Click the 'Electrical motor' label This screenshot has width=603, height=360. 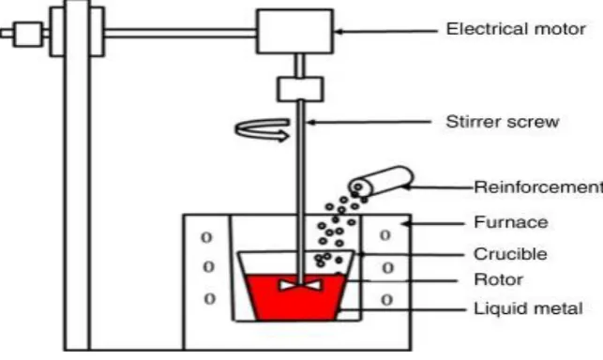516,29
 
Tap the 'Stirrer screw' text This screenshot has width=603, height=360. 503,122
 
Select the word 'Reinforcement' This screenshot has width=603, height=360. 538,187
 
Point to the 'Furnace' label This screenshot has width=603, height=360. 511,222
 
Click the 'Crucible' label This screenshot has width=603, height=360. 510,254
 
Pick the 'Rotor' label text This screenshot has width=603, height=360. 498,279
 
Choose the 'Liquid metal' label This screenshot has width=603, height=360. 528,308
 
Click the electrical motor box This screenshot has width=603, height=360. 295,32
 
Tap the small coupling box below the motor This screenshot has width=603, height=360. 300,89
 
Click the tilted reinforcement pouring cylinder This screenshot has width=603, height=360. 381,181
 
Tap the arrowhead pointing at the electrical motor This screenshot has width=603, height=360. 339,32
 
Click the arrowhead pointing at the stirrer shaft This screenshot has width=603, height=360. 311,123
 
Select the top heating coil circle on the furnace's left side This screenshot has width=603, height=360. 206,237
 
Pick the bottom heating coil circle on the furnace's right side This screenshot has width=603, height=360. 387,300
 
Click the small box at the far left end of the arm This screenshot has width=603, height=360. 28,35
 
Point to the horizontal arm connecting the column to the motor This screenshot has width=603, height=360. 180,33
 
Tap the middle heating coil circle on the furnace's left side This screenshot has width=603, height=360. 208,266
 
